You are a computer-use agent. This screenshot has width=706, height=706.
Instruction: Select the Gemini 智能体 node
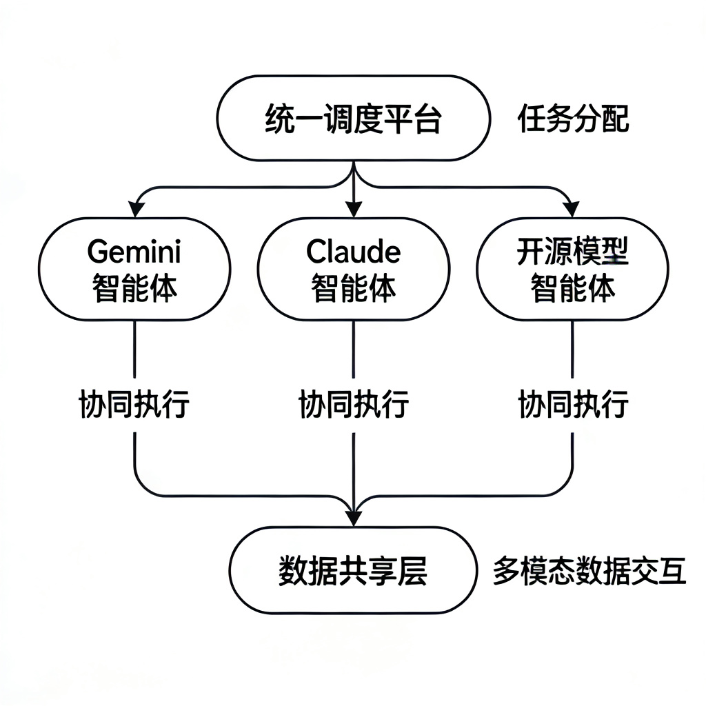click(x=134, y=269)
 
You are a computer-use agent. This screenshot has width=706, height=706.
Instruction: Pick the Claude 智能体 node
click(x=353, y=269)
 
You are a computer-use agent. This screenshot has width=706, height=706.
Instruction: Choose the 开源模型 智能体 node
click(x=572, y=269)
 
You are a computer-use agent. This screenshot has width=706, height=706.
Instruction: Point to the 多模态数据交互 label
click(x=589, y=572)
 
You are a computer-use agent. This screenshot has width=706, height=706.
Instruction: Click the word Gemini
click(x=134, y=253)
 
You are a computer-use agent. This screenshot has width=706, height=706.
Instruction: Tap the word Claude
click(x=353, y=252)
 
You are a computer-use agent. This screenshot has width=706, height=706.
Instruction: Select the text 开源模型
click(x=572, y=253)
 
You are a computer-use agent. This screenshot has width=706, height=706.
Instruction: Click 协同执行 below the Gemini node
click(x=134, y=404)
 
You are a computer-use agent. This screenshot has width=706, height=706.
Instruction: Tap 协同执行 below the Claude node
click(x=353, y=404)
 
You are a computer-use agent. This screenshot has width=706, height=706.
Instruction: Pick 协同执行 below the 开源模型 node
click(x=572, y=404)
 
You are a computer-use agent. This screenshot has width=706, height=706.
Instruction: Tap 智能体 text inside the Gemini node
click(x=134, y=288)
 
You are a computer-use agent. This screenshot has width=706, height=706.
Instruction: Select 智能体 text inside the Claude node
click(x=353, y=288)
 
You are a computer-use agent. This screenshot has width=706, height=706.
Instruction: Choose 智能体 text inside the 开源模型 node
click(x=572, y=289)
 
